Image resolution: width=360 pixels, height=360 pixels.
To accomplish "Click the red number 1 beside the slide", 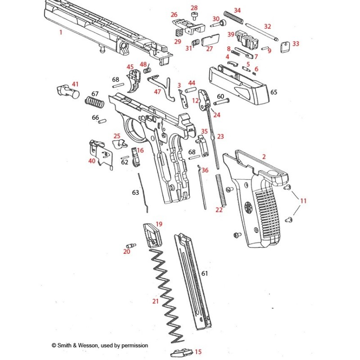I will [60, 33].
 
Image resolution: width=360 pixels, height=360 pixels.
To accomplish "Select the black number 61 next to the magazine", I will [205, 273].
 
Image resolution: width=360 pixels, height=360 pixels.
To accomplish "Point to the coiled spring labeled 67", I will [95, 104].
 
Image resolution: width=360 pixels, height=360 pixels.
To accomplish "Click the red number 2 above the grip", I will [264, 157].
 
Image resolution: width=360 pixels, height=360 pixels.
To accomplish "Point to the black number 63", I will [135, 192].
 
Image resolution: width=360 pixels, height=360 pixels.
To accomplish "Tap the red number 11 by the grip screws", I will [303, 201].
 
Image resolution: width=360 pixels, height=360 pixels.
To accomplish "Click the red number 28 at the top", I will [194, 8].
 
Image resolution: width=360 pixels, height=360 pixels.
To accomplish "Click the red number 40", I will [92, 161].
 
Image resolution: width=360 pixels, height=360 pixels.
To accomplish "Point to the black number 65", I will [274, 92].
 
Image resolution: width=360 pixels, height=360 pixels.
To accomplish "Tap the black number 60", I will [220, 96].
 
